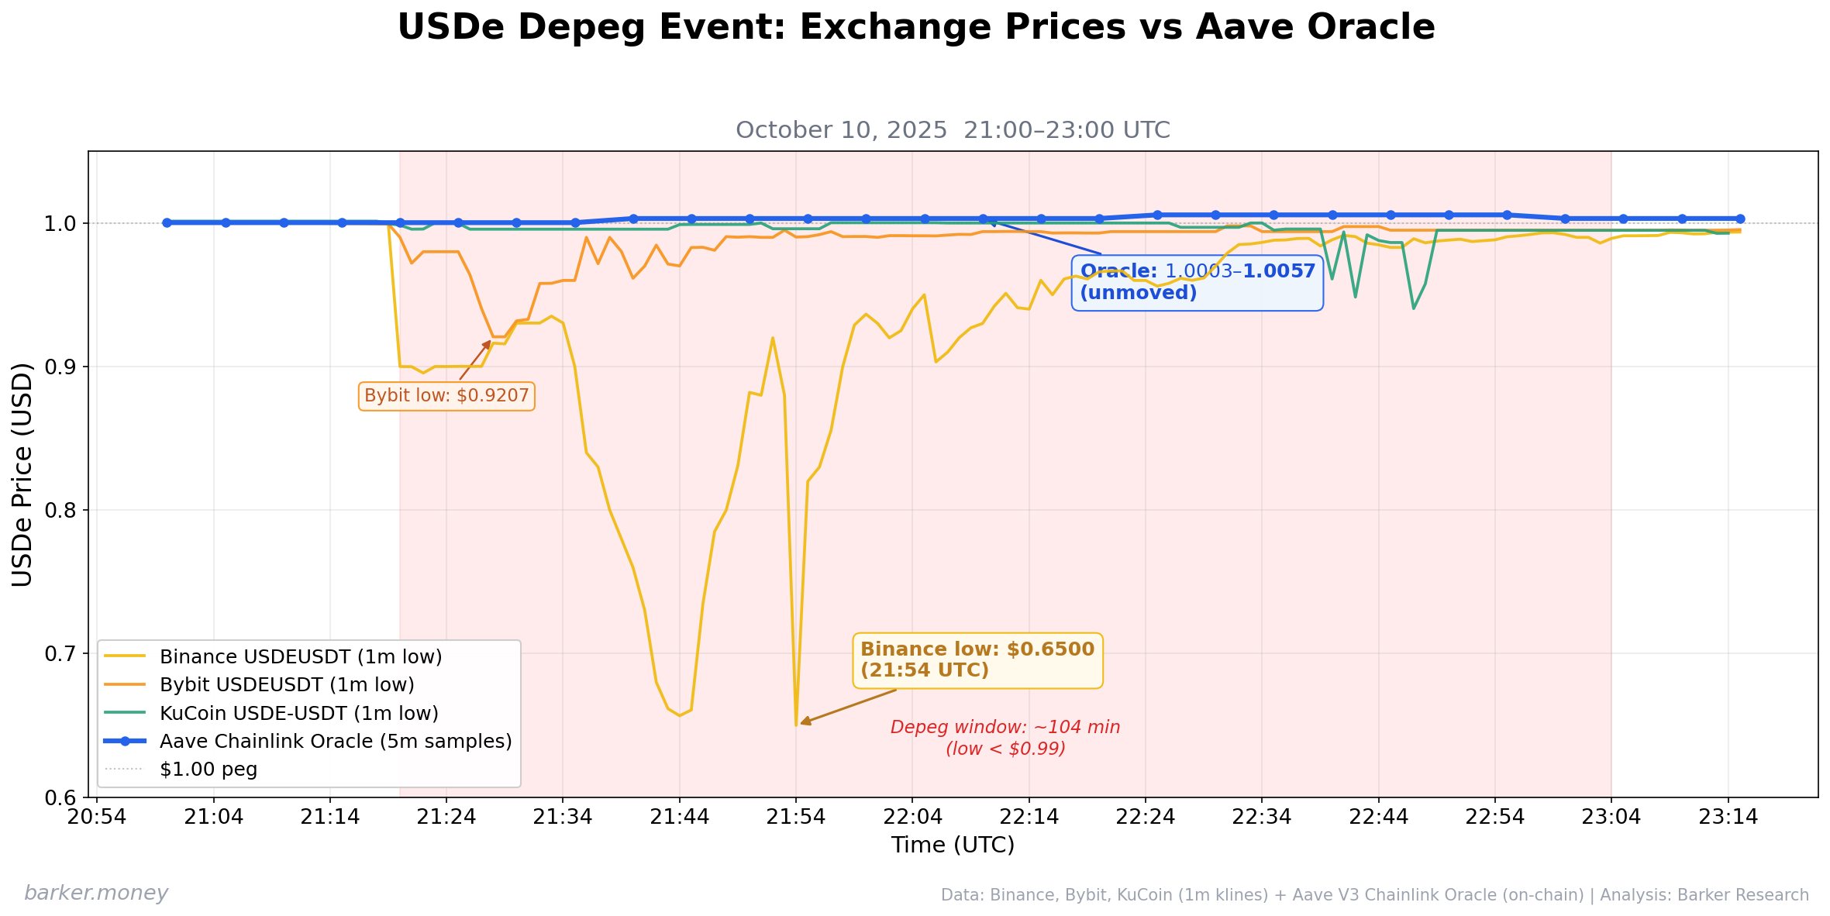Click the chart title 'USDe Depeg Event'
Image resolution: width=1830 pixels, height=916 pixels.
(915, 28)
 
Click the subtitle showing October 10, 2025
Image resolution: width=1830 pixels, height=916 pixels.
(953, 130)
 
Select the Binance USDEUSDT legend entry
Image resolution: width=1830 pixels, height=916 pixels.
(300, 657)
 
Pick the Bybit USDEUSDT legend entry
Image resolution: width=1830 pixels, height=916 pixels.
(286, 685)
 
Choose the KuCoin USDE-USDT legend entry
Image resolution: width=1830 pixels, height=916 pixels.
(298, 713)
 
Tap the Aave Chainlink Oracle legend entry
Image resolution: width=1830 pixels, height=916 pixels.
(335, 742)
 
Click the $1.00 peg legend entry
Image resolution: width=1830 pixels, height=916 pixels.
(208, 770)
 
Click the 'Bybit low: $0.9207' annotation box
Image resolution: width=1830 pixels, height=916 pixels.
(446, 396)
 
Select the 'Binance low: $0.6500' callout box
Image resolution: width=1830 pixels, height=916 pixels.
(977, 660)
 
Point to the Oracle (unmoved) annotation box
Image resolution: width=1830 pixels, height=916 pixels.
(1197, 283)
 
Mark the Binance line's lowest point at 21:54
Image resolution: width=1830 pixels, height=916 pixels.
(796, 725)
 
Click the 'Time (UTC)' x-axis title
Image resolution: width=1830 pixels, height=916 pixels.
(953, 845)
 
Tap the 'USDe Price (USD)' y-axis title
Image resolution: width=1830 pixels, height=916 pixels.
(22, 474)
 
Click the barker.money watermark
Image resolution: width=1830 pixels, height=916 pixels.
(96, 894)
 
